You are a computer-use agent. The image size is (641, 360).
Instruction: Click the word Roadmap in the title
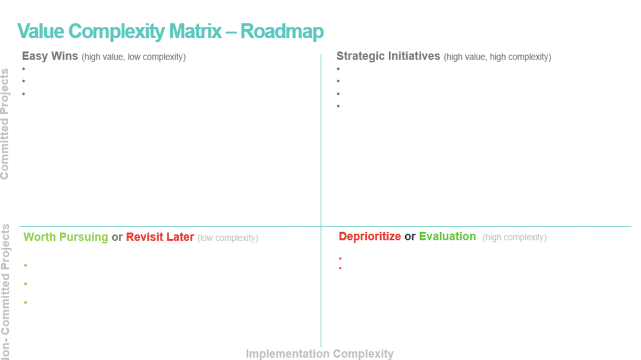282,31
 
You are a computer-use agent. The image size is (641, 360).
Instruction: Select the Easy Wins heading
50,56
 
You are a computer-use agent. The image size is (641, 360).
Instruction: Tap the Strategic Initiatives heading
388,56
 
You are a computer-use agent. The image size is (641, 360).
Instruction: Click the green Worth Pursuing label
66,237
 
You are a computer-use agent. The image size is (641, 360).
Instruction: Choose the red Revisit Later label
160,237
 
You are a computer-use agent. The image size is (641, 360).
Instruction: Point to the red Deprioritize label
370,237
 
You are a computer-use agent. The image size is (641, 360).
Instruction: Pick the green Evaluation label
447,237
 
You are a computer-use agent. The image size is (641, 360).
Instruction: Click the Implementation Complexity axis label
320,354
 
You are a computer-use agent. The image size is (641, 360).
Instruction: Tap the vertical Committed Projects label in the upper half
5,124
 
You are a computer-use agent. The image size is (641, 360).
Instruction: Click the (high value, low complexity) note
134,57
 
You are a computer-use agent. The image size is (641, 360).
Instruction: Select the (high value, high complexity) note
497,57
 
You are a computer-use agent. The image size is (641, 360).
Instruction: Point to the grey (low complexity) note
228,238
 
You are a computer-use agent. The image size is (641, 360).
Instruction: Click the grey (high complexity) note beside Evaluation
515,237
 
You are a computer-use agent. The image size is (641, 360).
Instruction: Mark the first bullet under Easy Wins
24,69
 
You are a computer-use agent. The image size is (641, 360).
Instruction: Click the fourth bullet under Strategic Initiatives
338,106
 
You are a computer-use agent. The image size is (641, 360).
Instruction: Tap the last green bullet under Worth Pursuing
26,302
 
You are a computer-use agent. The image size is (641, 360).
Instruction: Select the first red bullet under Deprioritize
340,258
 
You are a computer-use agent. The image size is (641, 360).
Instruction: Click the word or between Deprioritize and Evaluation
410,237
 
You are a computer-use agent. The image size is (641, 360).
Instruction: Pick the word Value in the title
41,31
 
